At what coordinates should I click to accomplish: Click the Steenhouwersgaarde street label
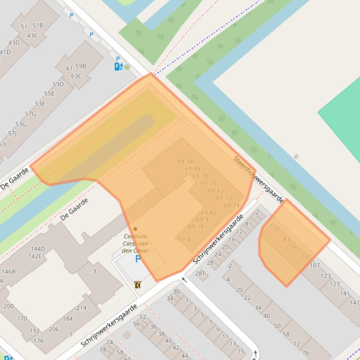pyautogui.click(x=258, y=180)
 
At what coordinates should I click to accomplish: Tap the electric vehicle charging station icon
pyautogui.click(x=118, y=67)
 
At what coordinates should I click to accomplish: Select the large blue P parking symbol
pyautogui.click(x=138, y=259)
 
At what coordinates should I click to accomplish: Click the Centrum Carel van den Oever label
pyautogui.click(x=135, y=244)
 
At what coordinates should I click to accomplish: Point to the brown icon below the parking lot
pyautogui.click(x=138, y=285)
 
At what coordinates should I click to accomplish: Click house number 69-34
pyautogui.click(x=185, y=162)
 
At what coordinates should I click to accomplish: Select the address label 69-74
pyautogui.click(x=231, y=205)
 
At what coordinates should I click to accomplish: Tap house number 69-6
pyautogui.click(x=184, y=239)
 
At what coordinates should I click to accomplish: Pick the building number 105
pyautogui.click(x=306, y=257)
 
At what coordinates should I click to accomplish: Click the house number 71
pyautogui.click(x=276, y=229)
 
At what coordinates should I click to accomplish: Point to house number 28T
pyautogui.click(x=200, y=274)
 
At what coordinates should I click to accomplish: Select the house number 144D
pyautogui.click(x=37, y=249)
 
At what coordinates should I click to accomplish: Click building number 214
pyautogui.click(x=81, y=308)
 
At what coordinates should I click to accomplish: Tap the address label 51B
pyautogui.click(x=37, y=25)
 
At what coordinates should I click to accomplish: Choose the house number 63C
pyautogui.click(x=76, y=76)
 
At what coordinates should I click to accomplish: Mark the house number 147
pyautogui.click(x=354, y=302)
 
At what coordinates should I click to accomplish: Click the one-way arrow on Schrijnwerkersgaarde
pyautogui.click(x=184, y=280)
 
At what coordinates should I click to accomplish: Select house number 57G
pyautogui.click(x=30, y=114)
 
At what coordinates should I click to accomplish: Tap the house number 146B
pyautogui.click(x=8, y=271)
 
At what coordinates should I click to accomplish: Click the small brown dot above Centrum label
pyautogui.click(x=135, y=229)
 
